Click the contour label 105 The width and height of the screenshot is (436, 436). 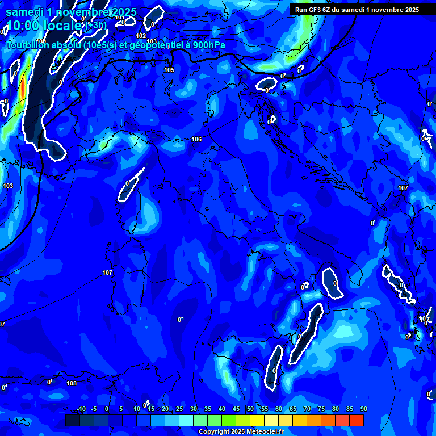[169, 70]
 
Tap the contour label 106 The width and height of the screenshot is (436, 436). [196, 139]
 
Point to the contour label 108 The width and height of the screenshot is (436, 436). [72, 383]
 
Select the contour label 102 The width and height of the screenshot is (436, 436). [141, 36]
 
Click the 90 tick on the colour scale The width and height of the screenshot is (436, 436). [363, 409]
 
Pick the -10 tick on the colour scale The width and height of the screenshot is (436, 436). [81, 409]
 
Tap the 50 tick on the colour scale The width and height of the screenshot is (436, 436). [250, 409]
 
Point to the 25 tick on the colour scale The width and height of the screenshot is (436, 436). [179, 409]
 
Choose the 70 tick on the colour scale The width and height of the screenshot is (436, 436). [307, 409]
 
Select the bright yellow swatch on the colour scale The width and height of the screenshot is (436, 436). [257, 420]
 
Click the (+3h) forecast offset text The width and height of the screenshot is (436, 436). [96, 26]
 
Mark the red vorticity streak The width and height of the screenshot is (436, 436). [22, 89]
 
